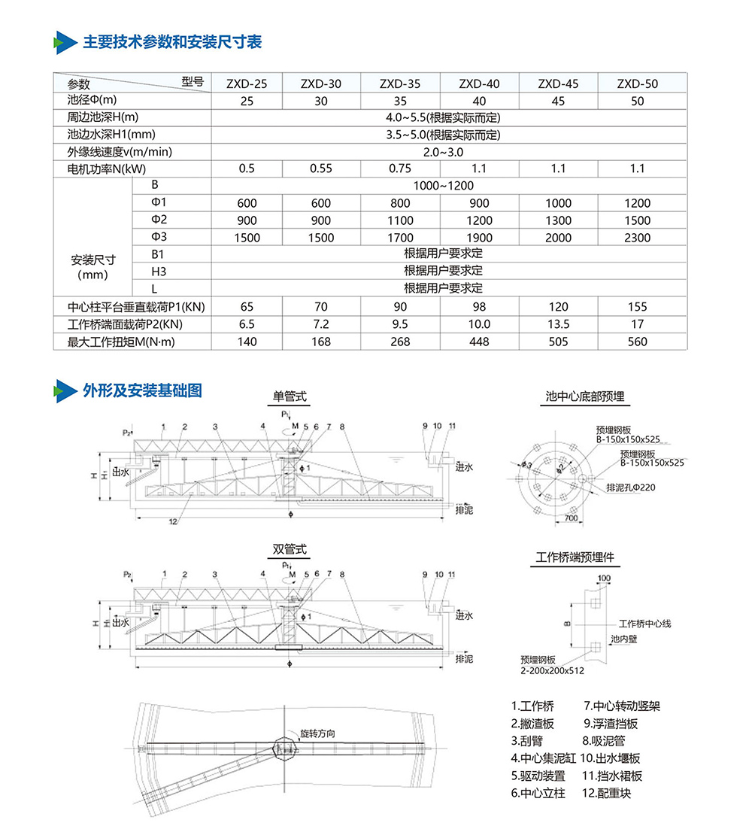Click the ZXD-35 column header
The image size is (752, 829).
click(400, 84)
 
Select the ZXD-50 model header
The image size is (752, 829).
click(637, 84)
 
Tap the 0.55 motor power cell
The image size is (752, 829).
click(321, 168)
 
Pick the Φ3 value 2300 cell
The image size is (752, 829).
click(637, 238)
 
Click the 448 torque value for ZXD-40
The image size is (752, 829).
click(479, 342)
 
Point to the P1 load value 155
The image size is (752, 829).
click(637, 306)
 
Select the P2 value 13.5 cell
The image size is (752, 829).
click(558, 324)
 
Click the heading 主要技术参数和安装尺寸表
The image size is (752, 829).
click(171, 41)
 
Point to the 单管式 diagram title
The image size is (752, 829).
click(290, 396)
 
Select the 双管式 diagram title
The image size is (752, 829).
click(290, 550)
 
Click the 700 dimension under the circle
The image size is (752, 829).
click(572, 520)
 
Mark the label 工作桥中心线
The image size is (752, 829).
click(644, 624)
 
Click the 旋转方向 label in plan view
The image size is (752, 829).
click(317, 733)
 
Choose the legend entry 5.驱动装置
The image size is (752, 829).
click(538, 776)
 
